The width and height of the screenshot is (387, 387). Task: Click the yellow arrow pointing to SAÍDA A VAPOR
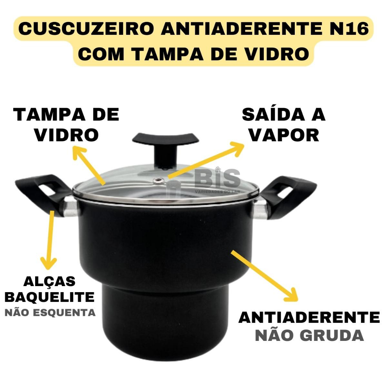206,160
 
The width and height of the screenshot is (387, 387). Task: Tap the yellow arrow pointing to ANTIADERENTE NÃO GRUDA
264,276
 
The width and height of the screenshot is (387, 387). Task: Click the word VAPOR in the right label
284,135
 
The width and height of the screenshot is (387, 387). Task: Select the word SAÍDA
274,115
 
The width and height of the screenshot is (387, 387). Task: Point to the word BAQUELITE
50,297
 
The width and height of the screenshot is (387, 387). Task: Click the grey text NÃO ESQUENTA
50,313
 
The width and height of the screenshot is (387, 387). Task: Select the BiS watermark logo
217,179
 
